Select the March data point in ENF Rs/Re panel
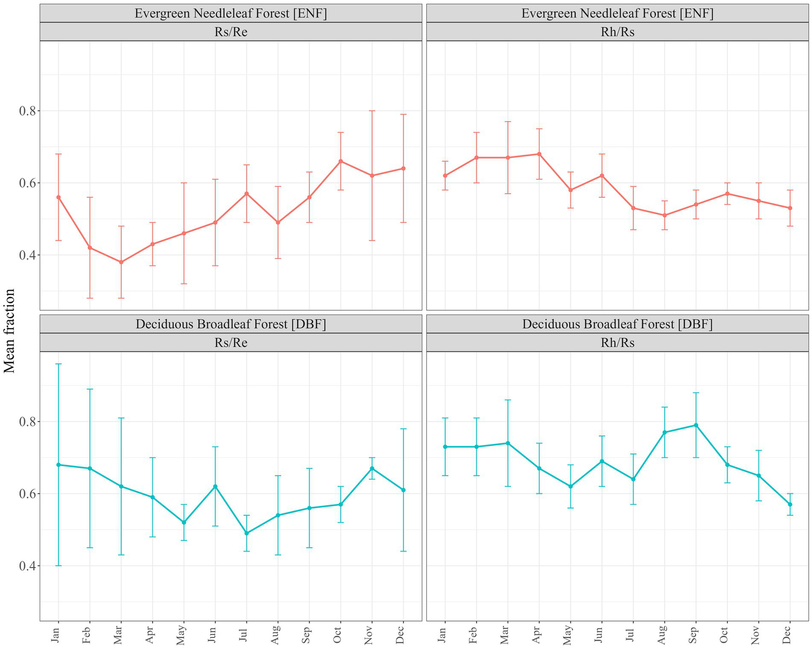121,262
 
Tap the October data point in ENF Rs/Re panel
341,161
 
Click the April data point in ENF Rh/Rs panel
539,154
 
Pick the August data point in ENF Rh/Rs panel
664,215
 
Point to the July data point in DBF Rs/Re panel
247,533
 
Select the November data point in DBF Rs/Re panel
372,468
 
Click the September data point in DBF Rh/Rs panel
696,425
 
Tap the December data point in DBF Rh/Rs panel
790,504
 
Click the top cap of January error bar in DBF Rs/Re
58,364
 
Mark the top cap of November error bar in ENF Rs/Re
372,110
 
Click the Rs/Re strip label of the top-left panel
231,32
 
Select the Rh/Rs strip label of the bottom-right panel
617,342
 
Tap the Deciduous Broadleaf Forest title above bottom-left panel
231,324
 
